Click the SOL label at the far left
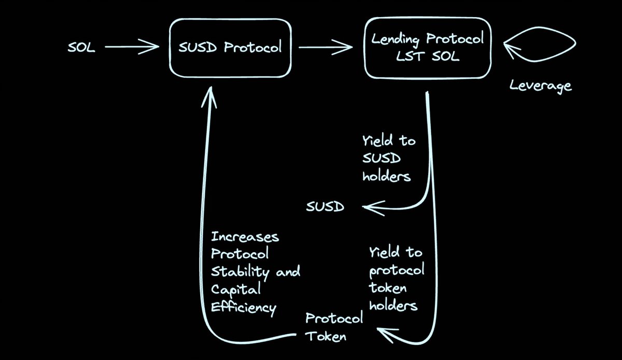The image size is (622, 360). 81,48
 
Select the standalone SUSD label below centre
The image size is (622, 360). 324,207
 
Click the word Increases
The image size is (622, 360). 245,238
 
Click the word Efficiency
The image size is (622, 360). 243,307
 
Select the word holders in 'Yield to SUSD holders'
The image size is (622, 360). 387,176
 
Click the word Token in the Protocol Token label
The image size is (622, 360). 326,336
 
